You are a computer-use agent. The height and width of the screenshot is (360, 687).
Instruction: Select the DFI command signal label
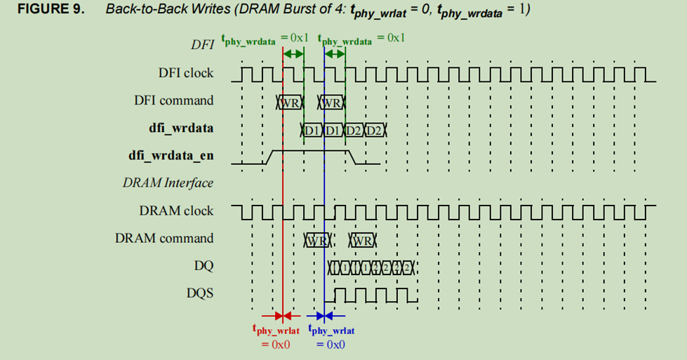pos(173,100)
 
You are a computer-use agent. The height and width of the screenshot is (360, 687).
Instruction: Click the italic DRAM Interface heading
pos(168,183)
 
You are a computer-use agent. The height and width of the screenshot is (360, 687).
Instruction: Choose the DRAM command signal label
pos(164,239)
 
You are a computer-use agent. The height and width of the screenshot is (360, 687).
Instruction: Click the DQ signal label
pos(204,266)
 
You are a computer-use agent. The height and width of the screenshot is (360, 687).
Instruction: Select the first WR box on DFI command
pos(291,103)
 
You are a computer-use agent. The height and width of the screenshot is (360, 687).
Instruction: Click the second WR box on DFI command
pos(333,103)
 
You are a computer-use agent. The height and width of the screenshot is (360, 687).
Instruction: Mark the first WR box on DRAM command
pos(317,241)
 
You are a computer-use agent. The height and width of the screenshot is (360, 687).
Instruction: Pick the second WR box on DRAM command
pos(363,241)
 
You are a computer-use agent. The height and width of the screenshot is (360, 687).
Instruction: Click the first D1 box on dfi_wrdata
pos(312,131)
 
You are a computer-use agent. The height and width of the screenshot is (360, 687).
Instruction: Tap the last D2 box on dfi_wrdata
pos(375,131)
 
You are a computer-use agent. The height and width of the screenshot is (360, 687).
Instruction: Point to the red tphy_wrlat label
pos(276,331)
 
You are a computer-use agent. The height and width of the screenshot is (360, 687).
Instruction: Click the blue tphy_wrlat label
pos(331,331)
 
